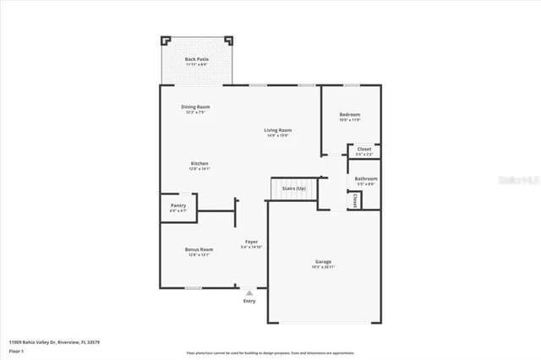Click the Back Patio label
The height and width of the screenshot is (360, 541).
(196, 58)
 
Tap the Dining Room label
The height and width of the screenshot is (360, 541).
(195, 106)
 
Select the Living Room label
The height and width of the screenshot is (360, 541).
(278, 129)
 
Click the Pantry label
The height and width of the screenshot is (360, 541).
(178, 205)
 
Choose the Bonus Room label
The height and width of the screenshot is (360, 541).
(199, 249)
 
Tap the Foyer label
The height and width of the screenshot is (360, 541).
(251, 242)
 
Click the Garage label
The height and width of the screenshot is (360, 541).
(323, 261)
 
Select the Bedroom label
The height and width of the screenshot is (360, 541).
(350, 114)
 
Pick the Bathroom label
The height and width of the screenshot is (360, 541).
(366, 178)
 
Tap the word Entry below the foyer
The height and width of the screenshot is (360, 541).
(249, 301)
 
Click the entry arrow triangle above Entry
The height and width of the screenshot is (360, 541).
(249, 292)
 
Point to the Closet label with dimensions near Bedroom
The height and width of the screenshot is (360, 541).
(363, 149)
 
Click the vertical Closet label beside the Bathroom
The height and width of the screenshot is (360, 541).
(354, 200)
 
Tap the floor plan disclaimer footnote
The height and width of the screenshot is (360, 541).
(270, 352)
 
